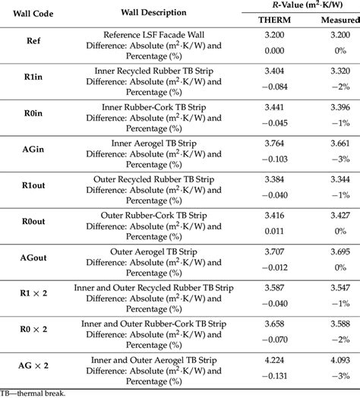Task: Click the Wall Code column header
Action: pyautogui.click(x=33, y=13)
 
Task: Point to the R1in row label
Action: pyautogui.click(x=33, y=77)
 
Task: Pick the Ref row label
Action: pyautogui.click(x=33, y=41)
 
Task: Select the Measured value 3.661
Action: pyautogui.click(x=334, y=142)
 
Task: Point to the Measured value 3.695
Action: pyautogui.click(x=334, y=251)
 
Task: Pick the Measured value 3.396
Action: pyautogui.click(x=334, y=106)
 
